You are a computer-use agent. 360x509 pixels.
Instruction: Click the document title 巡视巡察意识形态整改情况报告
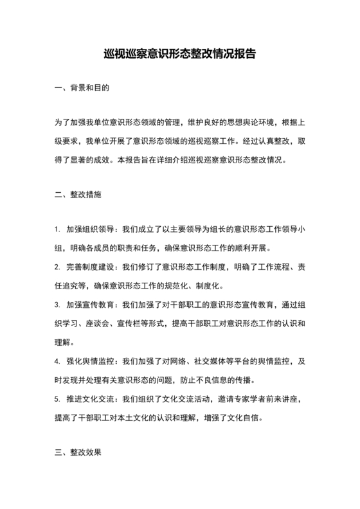tap(179, 54)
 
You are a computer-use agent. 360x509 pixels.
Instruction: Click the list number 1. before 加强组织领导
tap(57, 229)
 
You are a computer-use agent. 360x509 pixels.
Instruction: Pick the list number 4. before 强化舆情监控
tap(57, 362)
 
